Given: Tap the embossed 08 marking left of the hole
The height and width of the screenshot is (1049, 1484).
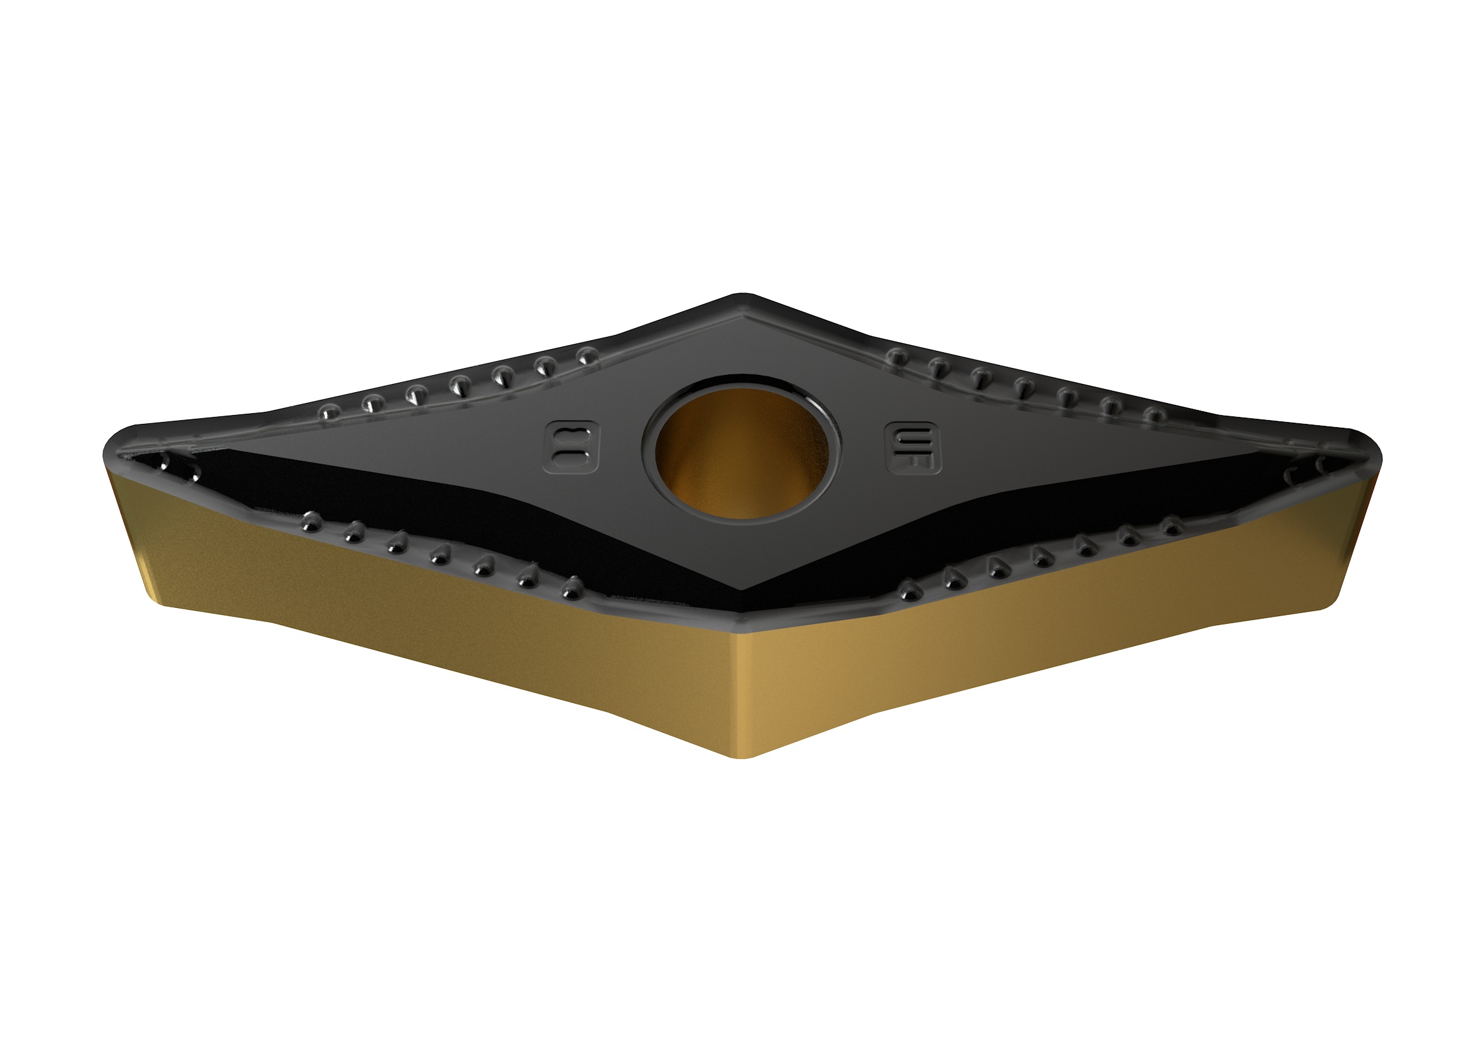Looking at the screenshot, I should pos(572,447).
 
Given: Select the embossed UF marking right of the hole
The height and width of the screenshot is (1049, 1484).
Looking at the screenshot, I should pos(912,447).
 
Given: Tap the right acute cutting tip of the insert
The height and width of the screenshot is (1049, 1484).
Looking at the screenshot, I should pos(1377,456).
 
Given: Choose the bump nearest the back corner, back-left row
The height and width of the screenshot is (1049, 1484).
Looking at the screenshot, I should pos(587,355).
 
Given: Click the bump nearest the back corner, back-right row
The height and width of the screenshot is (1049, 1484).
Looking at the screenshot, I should pos(896,355).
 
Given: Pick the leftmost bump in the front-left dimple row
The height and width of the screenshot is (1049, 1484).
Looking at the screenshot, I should pos(312,520).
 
